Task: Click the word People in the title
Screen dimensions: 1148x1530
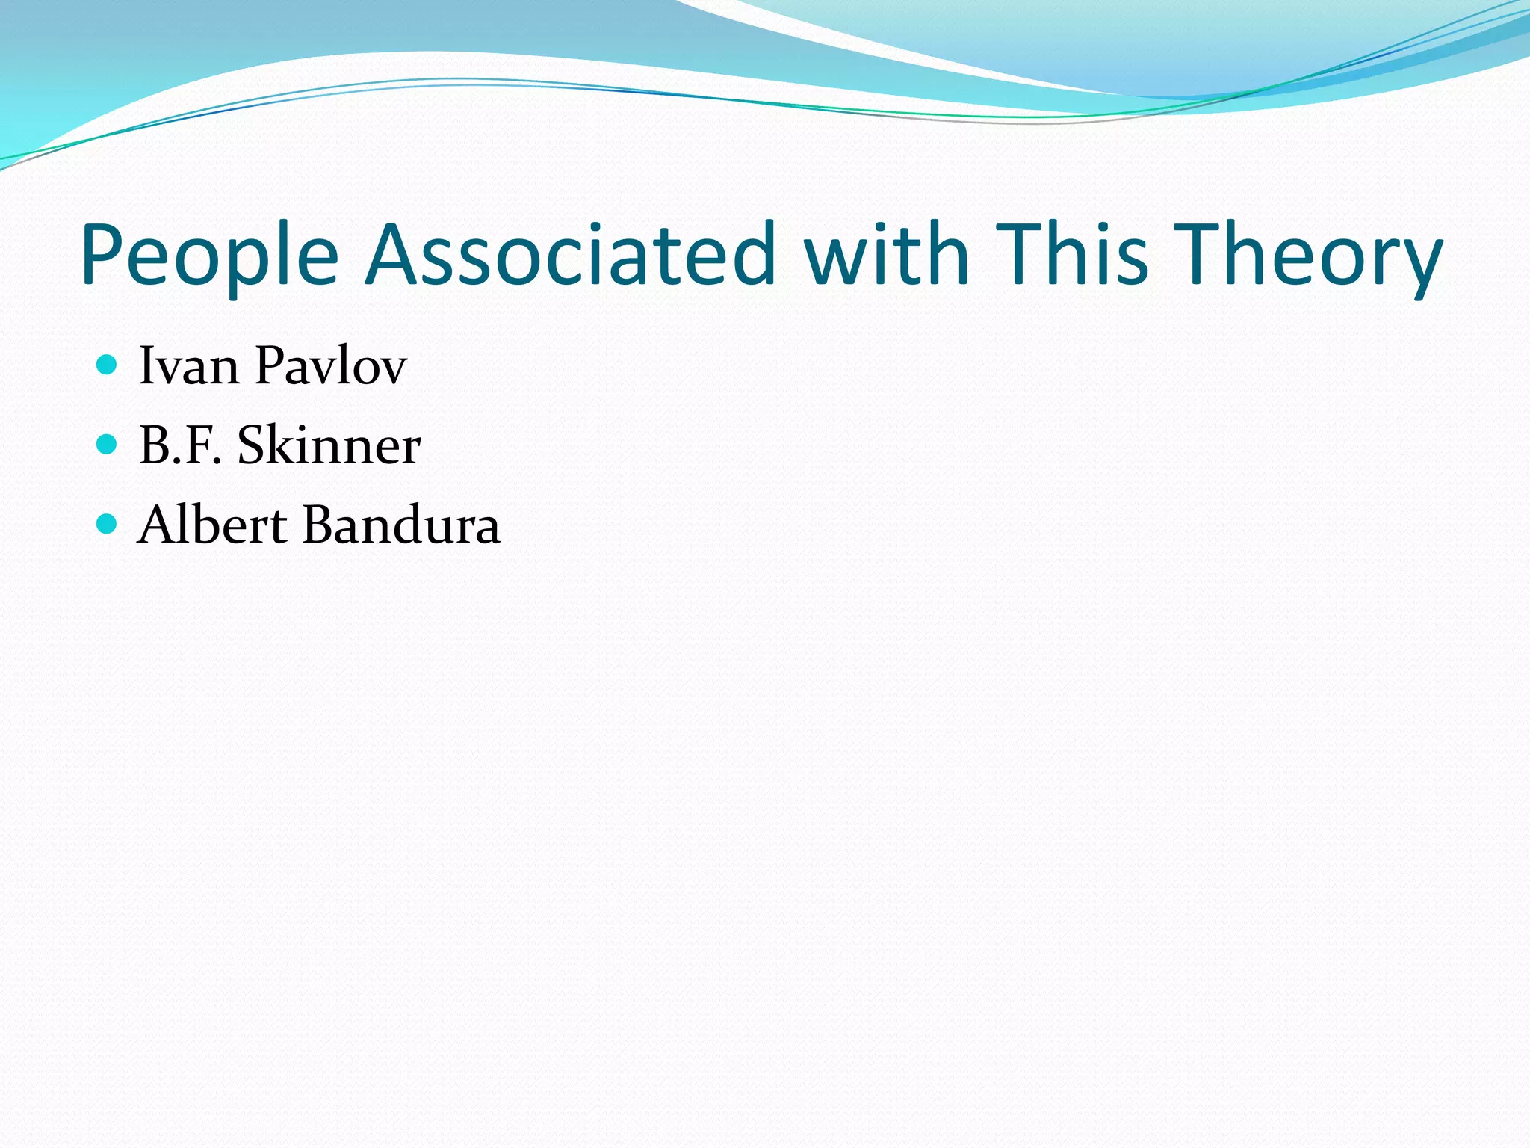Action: (210, 255)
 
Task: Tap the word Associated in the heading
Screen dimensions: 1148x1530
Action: (571, 255)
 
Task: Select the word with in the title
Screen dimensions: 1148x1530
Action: (886, 255)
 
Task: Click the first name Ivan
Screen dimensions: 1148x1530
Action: (189, 365)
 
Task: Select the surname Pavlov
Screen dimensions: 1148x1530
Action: (330, 365)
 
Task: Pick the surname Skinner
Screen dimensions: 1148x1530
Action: (329, 445)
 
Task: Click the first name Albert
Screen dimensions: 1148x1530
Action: (212, 525)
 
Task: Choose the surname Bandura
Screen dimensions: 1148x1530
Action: (401, 525)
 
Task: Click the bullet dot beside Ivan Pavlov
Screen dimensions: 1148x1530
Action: (108, 365)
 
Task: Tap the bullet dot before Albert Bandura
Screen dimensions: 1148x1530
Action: (108, 524)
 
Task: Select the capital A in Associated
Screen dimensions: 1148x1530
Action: (392, 255)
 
